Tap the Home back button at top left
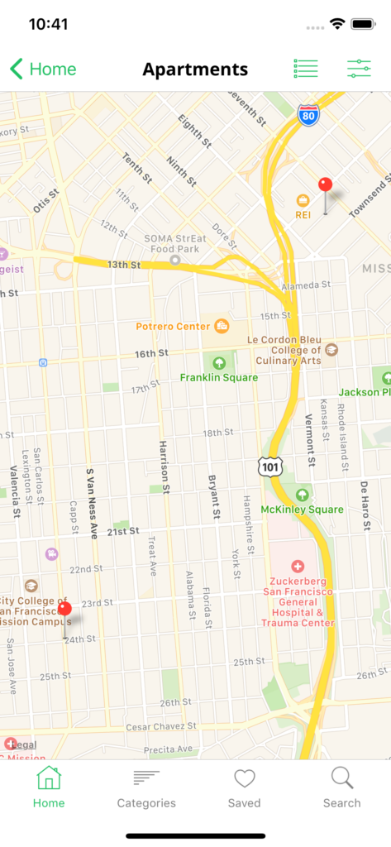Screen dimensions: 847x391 (43, 69)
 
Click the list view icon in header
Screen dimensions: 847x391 (306, 69)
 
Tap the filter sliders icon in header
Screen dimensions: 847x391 (359, 69)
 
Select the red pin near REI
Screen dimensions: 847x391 (325, 186)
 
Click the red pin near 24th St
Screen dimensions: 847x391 (64, 610)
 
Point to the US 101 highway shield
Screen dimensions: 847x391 (269, 467)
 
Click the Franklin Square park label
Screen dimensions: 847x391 (219, 377)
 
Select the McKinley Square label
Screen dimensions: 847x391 (302, 509)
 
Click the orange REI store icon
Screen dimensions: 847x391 (303, 200)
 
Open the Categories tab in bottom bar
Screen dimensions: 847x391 (146, 788)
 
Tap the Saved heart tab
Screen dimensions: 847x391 (244, 788)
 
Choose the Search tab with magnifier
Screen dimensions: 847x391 (341, 788)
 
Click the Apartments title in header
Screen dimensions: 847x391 (195, 69)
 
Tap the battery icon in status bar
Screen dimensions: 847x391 (363, 24)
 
